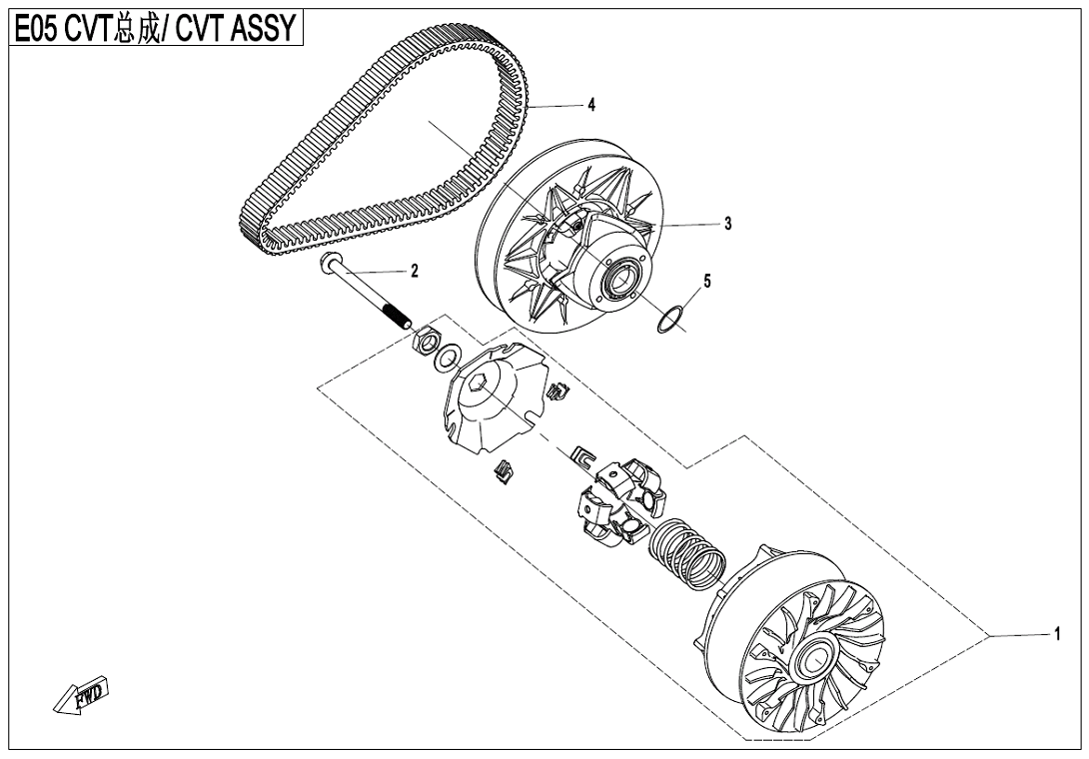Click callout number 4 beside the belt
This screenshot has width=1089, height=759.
tap(592, 105)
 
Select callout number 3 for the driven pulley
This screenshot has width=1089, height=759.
tap(728, 224)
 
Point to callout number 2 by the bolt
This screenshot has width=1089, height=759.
tap(414, 271)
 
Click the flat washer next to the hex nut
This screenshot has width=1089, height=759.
tap(449, 355)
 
